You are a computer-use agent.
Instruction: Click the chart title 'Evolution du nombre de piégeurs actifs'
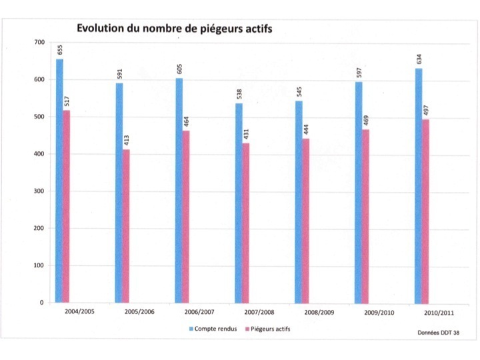tap(174, 29)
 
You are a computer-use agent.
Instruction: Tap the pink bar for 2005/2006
tap(125, 227)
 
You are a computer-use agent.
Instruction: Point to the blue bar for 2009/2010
tap(359, 193)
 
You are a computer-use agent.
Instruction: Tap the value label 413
tap(126, 141)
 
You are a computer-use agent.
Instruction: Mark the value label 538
tap(239, 93)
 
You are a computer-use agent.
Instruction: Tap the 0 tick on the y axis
tap(42, 303)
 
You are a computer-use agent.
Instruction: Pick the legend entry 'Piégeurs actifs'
tap(267, 328)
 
